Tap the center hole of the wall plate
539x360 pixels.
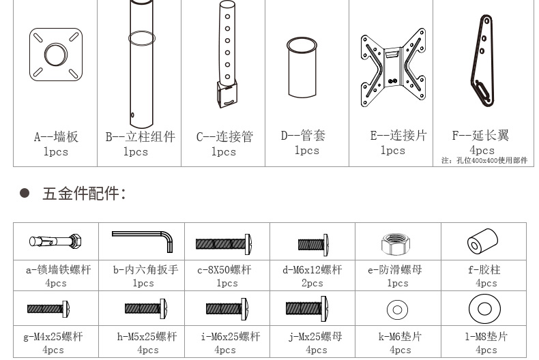(x=56, y=55)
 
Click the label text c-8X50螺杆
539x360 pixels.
(x=224, y=270)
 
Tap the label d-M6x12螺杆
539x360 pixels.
(x=312, y=270)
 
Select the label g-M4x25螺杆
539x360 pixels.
(x=53, y=337)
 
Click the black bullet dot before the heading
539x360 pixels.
(x=25, y=193)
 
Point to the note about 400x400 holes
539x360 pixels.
(x=484, y=160)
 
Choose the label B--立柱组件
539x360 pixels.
(x=141, y=137)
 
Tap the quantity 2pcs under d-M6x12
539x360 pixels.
(x=312, y=283)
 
